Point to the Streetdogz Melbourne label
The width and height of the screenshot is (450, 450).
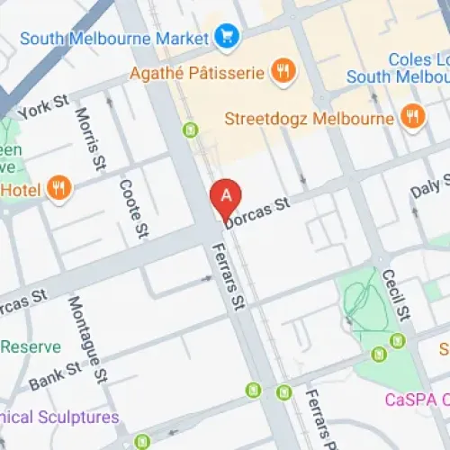[310, 118]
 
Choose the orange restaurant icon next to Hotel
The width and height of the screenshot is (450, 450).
[58, 188]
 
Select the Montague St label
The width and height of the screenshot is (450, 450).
[87, 337]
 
